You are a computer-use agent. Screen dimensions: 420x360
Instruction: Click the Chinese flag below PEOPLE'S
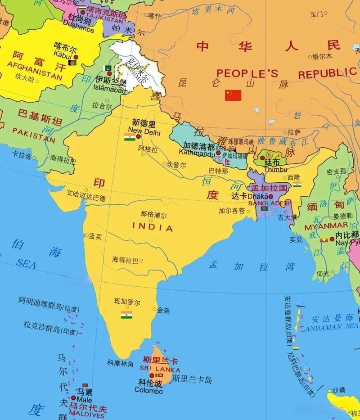point(233,95)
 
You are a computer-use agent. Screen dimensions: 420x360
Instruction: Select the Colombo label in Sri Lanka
point(148,391)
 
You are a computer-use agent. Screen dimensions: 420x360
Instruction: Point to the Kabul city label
point(63,54)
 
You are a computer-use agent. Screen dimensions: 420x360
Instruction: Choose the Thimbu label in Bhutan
point(275,170)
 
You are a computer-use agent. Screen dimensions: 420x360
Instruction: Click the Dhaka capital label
point(257,196)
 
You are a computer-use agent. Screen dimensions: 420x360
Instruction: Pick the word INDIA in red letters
point(153,228)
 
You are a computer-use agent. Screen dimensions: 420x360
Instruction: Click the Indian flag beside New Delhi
point(130,137)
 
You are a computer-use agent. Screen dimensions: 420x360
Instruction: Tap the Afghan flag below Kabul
point(72,65)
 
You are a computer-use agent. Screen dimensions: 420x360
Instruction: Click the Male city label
point(84,399)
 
